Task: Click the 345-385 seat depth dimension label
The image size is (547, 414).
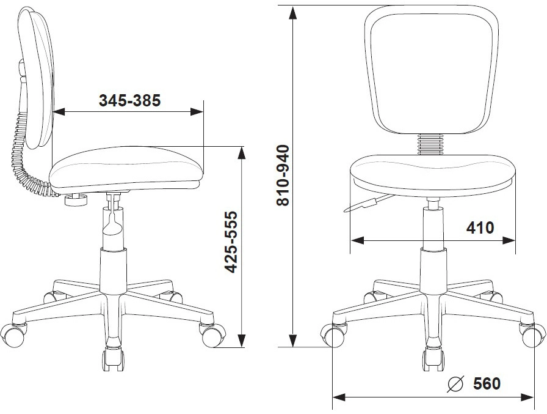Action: point(130,101)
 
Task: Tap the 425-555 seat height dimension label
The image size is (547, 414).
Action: point(231,242)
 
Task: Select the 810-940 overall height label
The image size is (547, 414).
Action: point(283,176)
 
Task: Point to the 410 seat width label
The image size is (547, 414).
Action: point(480,228)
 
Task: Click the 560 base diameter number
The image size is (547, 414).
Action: point(487,383)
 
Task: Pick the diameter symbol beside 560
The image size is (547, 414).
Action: point(455,384)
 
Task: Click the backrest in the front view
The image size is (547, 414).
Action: point(431,70)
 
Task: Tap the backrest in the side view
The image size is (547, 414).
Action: point(37,79)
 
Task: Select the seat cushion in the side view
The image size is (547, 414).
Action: point(126,169)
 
